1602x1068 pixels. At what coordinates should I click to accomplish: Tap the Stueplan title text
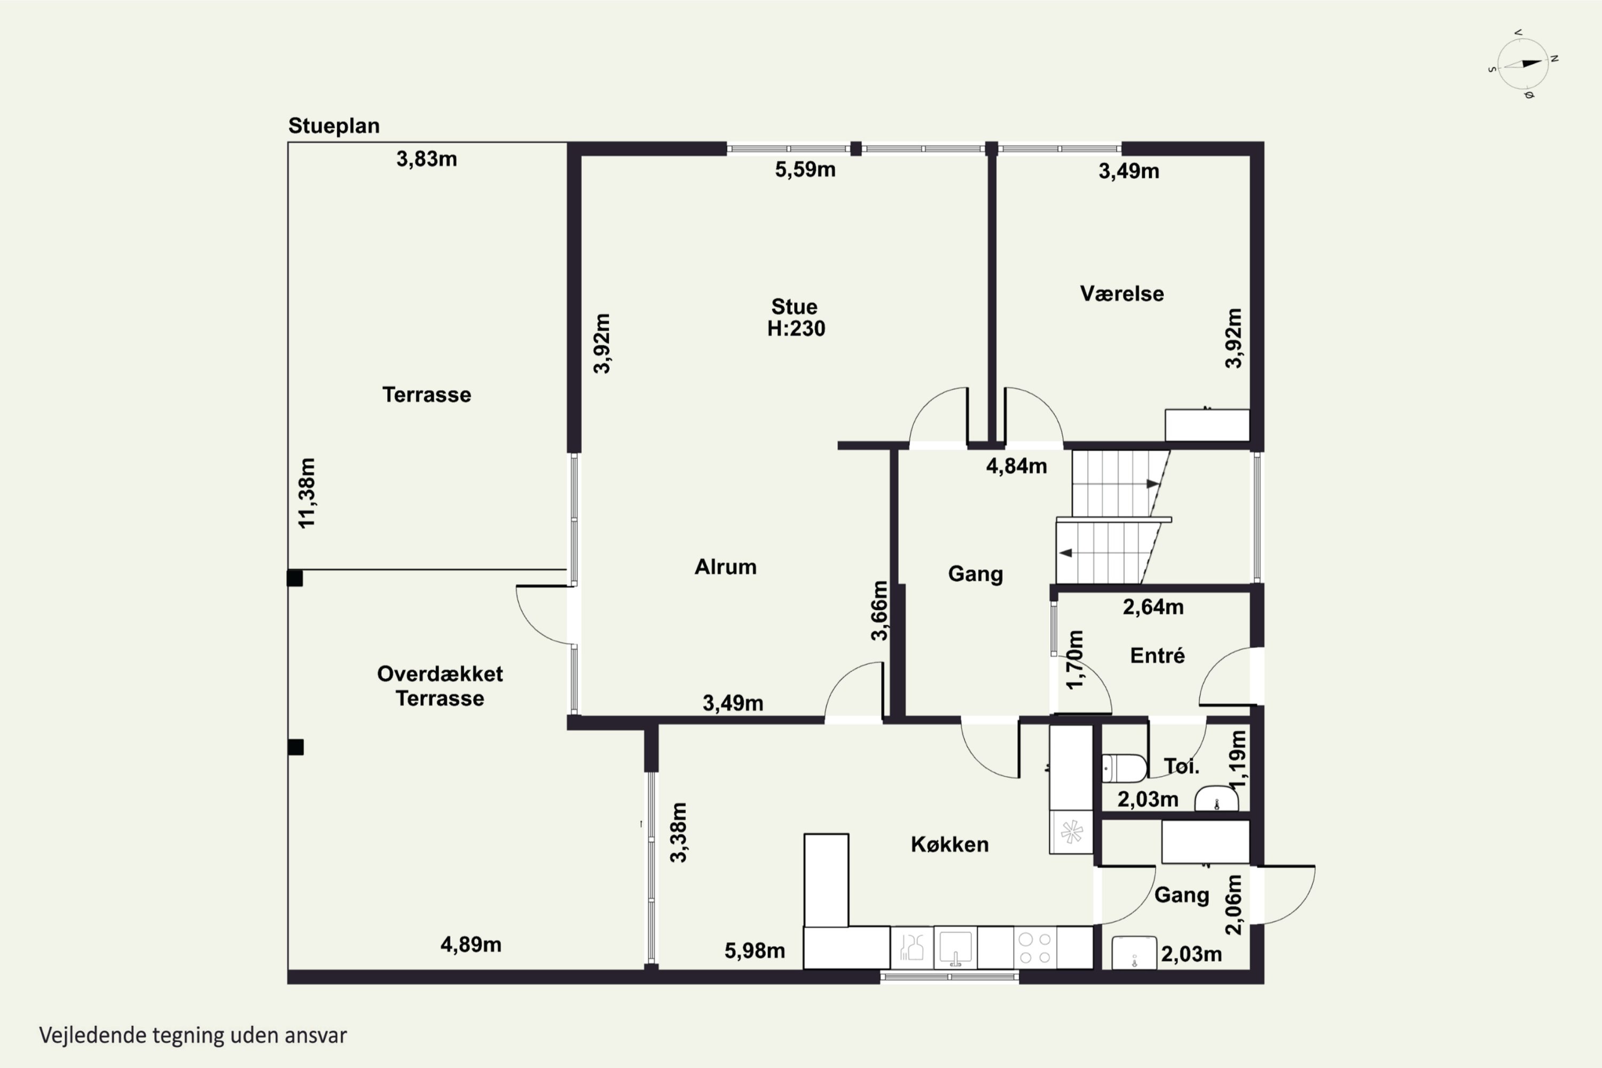[x=334, y=126]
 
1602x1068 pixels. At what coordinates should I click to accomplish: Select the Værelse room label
[x=1122, y=294]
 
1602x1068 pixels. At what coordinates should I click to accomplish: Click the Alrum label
[x=725, y=567]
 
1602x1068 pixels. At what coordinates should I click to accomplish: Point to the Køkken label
[x=949, y=845]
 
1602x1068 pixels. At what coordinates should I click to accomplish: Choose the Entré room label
[x=1157, y=655]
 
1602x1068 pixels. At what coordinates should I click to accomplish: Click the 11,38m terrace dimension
[x=307, y=493]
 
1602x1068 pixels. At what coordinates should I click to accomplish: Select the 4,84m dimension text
[x=1016, y=467]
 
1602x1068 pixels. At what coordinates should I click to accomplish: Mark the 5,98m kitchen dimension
[x=755, y=951]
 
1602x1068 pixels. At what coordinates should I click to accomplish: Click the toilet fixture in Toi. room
[x=1124, y=768]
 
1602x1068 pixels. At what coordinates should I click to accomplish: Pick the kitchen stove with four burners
[x=1035, y=947]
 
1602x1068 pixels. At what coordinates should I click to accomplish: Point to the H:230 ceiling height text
[x=796, y=329]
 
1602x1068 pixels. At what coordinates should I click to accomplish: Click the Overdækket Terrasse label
[x=440, y=686]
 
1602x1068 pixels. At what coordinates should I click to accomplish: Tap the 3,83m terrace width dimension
[x=426, y=159]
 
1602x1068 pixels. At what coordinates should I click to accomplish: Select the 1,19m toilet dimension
[x=1238, y=759]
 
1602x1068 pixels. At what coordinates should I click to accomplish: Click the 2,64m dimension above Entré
[x=1153, y=607]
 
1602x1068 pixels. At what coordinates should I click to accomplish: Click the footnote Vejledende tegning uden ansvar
[x=193, y=1036]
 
